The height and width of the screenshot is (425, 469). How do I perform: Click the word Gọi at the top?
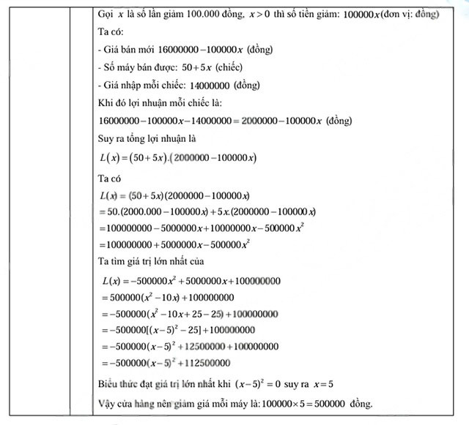(x=107, y=15)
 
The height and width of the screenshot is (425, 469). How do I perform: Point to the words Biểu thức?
(x=117, y=384)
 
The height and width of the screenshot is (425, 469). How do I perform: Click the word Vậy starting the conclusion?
(x=106, y=403)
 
